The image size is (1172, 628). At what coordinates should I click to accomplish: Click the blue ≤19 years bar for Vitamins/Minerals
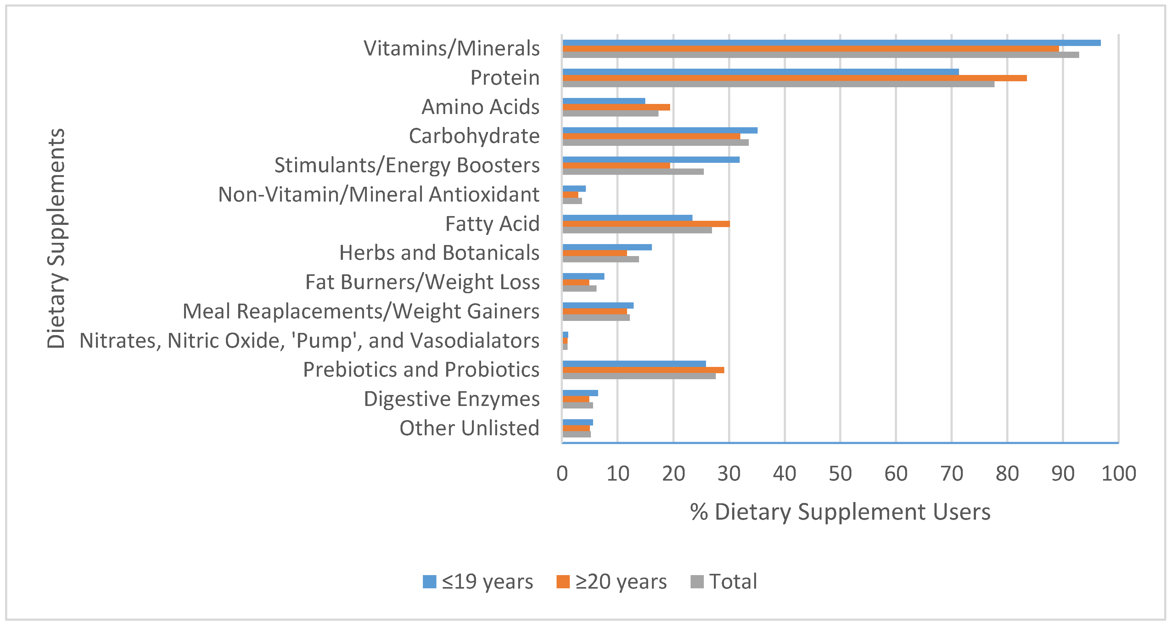pos(831,43)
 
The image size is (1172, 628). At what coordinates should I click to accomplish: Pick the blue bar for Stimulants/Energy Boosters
pos(651,159)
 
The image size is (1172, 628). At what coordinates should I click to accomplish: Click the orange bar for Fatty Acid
pos(646,224)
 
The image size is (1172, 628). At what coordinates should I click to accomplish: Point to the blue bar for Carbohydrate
pos(660,130)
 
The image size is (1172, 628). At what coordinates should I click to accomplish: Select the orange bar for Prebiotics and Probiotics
pos(643,370)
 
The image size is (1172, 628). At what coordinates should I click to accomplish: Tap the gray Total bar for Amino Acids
pos(610,113)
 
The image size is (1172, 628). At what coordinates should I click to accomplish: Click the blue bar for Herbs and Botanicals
pos(607,247)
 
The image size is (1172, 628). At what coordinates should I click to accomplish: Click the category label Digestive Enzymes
pos(451,399)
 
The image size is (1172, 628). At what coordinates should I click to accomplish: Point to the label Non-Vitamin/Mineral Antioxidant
pos(379,194)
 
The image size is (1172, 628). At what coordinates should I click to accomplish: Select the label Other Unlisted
pos(469,428)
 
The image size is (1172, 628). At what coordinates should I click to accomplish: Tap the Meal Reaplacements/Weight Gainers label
pos(361,311)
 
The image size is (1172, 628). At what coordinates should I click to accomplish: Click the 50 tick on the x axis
pos(840,474)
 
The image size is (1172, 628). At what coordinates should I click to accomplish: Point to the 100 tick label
pos(1118,474)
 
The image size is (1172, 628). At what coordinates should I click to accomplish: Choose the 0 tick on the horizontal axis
pos(562,474)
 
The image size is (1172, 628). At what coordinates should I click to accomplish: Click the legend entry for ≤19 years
pos(478,582)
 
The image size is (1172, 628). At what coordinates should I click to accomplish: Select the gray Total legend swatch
pos(697,582)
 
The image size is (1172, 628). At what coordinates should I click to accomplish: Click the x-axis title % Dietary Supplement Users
pos(840,512)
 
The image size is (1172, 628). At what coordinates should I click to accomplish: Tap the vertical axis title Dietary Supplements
pos(56,238)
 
